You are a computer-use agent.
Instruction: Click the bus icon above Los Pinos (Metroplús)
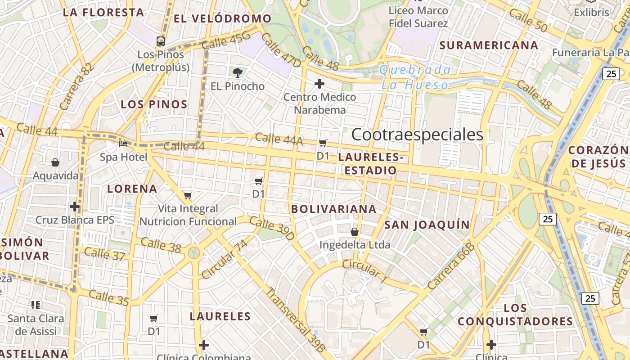(161, 41)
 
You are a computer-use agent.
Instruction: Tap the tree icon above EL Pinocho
(237, 72)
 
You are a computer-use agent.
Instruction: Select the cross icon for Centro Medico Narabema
(319, 84)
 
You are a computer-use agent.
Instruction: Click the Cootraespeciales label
(417, 134)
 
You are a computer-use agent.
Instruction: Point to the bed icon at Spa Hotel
(123, 144)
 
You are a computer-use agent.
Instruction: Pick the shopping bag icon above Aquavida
(55, 162)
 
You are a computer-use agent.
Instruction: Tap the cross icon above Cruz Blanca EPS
(75, 207)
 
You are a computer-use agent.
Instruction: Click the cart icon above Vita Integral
(188, 195)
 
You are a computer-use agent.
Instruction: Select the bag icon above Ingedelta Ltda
(355, 232)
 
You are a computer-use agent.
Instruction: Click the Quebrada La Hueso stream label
(414, 77)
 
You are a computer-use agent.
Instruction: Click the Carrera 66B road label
(451, 265)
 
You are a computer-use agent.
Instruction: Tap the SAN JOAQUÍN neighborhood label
(427, 225)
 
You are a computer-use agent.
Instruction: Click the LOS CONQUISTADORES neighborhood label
(516, 315)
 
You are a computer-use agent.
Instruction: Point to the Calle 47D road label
(281, 50)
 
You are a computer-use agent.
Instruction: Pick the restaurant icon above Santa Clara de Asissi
(36, 305)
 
